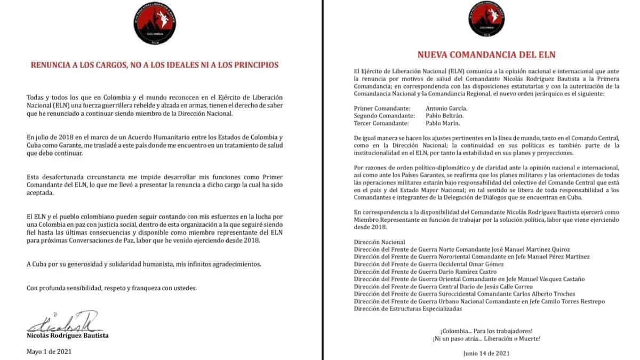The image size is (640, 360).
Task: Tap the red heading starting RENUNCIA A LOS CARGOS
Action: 155,66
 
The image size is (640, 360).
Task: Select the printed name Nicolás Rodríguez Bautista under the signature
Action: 67,336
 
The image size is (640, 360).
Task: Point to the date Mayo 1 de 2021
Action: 49,351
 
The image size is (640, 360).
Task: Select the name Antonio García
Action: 428,108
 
